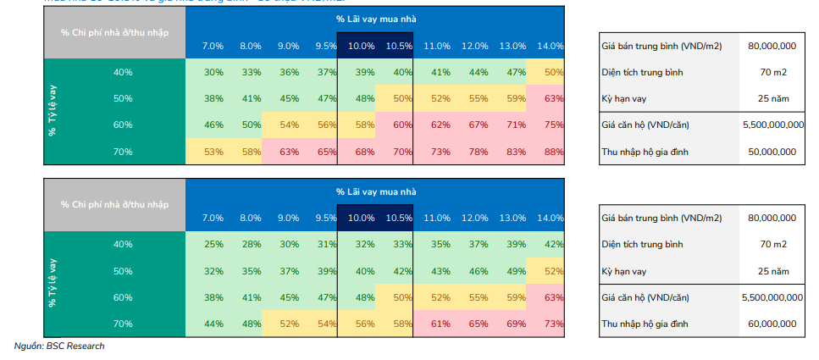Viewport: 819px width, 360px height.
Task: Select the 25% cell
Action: tap(213, 245)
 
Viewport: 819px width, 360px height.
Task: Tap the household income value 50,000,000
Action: tap(772, 152)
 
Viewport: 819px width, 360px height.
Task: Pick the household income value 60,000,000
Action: tap(772, 324)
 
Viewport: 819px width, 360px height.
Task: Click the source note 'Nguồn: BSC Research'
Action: tap(59, 346)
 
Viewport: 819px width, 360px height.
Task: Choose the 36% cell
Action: tap(289, 72)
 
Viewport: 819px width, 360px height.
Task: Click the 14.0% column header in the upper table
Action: tap(551, 46)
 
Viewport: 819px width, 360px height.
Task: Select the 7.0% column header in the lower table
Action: tap(213, 218)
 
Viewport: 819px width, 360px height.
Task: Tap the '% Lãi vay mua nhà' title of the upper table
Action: tap(375, 19)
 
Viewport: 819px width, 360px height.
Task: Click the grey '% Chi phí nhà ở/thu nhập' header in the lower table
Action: tap(114, 204)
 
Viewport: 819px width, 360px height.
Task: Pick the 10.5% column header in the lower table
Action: tap(397, 218)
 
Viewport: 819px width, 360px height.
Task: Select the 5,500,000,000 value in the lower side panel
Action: tap(772, 298)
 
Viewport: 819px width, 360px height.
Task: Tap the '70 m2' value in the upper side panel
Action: tap(772, 72)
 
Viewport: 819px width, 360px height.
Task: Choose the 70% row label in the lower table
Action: tap(123, 324)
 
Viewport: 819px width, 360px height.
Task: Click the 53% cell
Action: tap(213, 152)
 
